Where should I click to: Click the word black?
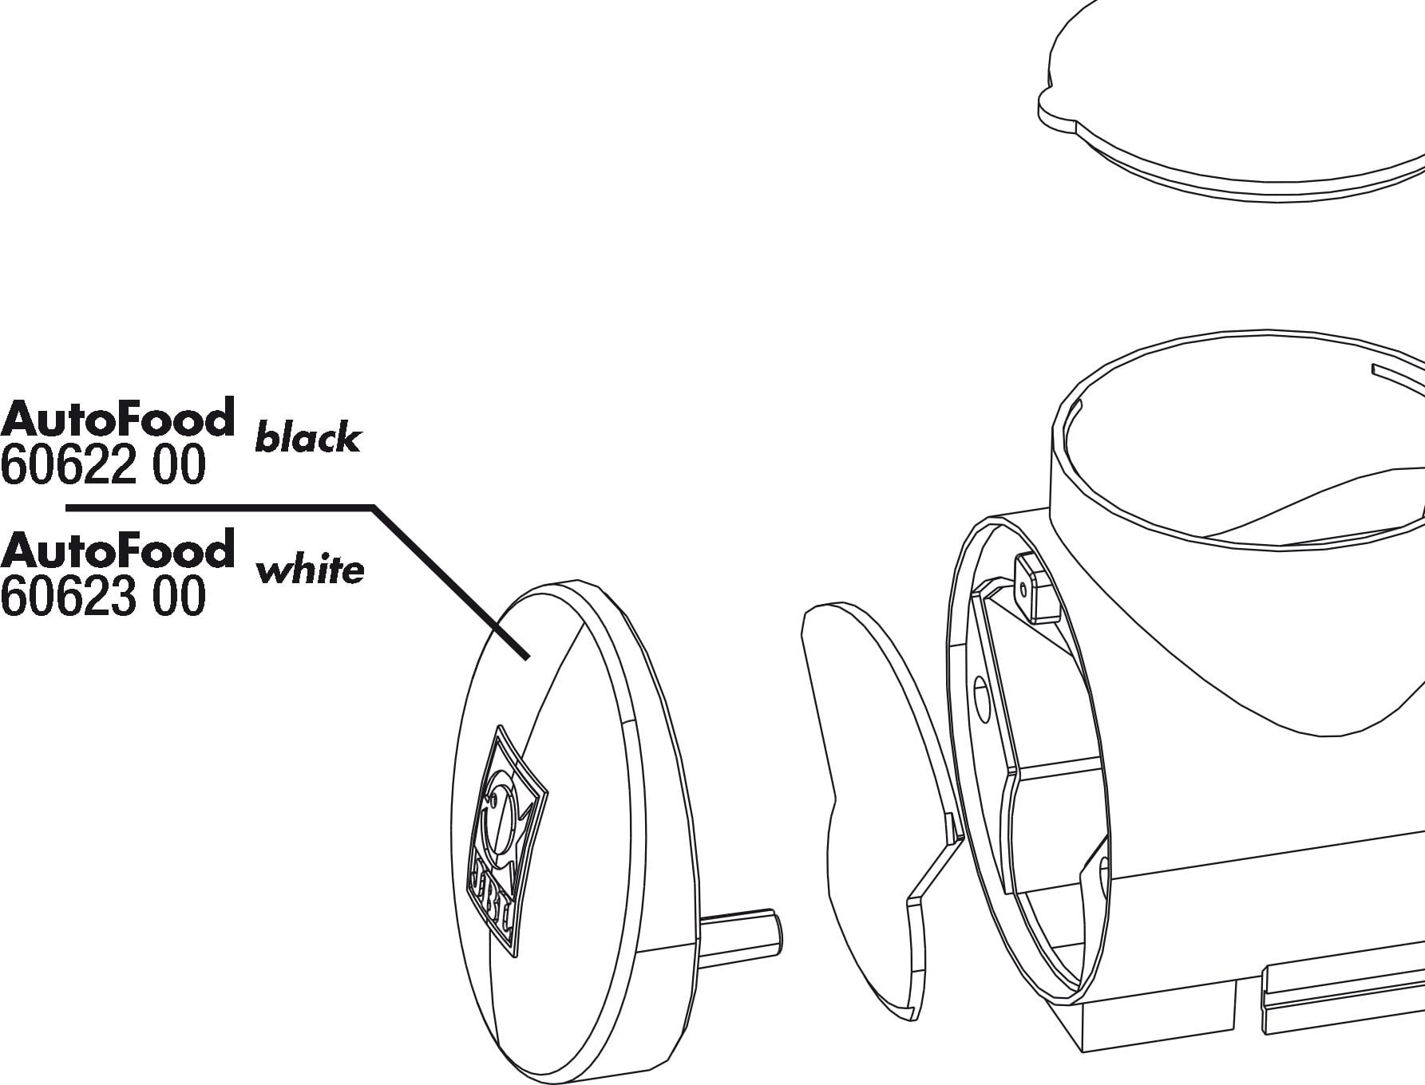307,438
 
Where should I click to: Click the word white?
310,570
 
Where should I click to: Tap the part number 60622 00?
103,465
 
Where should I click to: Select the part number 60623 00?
103,597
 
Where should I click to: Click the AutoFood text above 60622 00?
118,417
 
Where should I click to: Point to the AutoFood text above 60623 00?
118,549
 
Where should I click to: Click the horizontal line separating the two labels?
220,507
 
